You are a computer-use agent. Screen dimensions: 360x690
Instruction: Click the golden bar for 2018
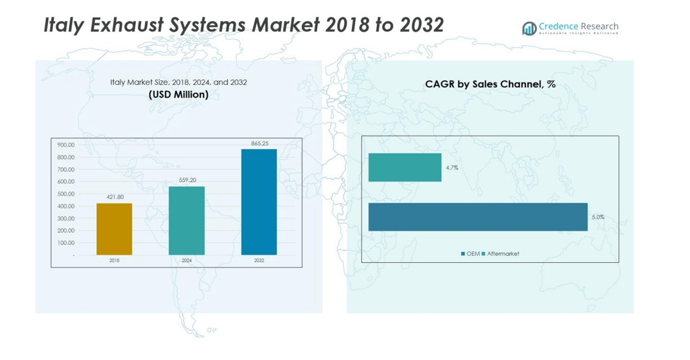(x=114, y=229)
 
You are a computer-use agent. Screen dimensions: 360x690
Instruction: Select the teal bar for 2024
(x=187, y=220)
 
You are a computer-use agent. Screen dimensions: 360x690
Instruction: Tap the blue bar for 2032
(x=259, y=202)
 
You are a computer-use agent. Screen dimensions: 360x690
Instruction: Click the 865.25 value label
(x=260, y=144)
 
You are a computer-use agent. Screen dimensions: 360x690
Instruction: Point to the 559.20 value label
(x=187, y=180)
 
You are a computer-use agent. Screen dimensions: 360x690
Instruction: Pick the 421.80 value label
(x=114, y=197)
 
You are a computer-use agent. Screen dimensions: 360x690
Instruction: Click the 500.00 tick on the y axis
(x=66, y=194)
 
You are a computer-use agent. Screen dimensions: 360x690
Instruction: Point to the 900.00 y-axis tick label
(x=66, y=145)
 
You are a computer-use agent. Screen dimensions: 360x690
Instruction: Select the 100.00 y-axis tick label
(x=66, y=242)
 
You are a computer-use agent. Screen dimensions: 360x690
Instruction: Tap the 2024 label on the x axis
(x=187, y=260)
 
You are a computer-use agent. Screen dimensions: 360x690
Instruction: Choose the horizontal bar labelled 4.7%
(x=405, y=168)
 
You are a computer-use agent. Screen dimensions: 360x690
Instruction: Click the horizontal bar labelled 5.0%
(x=478, y=216)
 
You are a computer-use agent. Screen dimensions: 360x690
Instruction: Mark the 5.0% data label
(x=598, y=217)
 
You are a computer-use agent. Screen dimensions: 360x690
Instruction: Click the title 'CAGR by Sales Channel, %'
(x=490, y=84)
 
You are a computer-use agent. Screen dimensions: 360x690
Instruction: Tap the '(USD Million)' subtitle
(x=179, y=95)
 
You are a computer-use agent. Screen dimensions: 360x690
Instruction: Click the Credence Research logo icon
(x=529, y=28)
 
